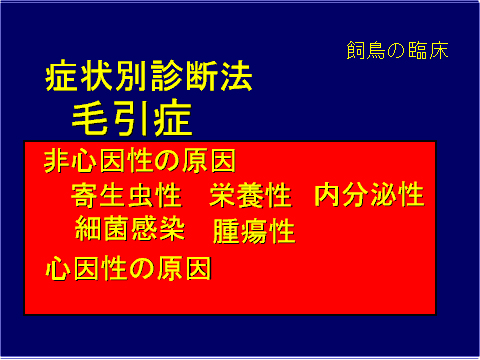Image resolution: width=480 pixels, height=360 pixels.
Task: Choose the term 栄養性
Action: click(x=250, y=194)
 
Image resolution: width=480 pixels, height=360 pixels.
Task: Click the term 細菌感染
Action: click(x=131, y=229)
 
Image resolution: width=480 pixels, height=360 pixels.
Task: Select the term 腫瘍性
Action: click(x=254, y=232)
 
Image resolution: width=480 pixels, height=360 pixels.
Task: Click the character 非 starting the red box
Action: click(x=57, y=162)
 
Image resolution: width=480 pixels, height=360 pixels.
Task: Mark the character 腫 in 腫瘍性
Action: click(x=226, y=232)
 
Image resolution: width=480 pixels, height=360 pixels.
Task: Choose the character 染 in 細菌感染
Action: click(x=172, y=229)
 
